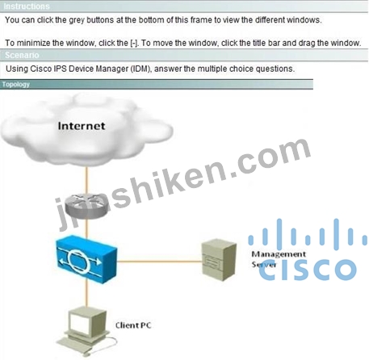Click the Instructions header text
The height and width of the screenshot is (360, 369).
(27, 6)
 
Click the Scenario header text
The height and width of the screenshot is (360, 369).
(22, 55)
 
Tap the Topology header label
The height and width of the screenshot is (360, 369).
(16, 85)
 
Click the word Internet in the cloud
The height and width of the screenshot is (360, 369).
(82, 126)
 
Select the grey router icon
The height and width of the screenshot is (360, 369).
(86, 207)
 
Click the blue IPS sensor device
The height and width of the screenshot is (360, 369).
(86, 259)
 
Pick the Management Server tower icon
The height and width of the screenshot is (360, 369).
(219, 259)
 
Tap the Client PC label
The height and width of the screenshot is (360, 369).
(133, 325)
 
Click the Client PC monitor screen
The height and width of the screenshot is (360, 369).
(80, 323)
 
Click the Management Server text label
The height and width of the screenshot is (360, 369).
(279, 259)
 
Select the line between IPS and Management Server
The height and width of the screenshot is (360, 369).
(160, 261)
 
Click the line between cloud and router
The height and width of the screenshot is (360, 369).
(86, 181)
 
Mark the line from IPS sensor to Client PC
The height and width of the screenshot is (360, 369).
(86, 295)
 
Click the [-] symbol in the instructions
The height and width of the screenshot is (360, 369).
(134, 43)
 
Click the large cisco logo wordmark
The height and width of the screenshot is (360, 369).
(308, 270)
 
